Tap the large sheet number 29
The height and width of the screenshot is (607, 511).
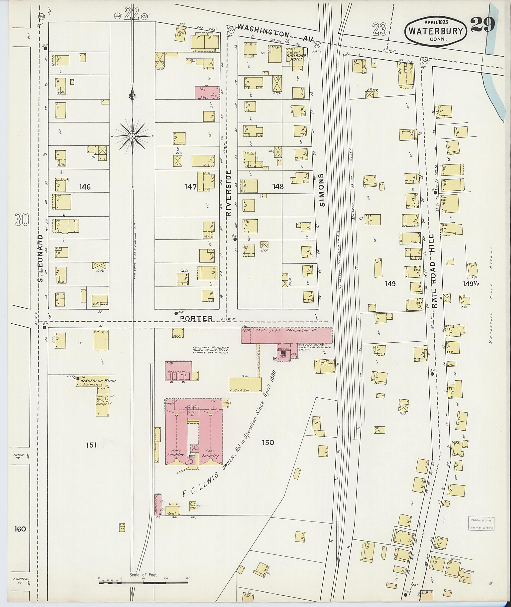point(483,25)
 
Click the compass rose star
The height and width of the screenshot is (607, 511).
point(132,136)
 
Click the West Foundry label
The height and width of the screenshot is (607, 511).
point(176,454)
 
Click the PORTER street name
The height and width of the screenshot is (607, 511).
point(196,319)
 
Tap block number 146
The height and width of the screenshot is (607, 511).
point(85,187)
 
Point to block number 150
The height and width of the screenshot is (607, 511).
point(268,443)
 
